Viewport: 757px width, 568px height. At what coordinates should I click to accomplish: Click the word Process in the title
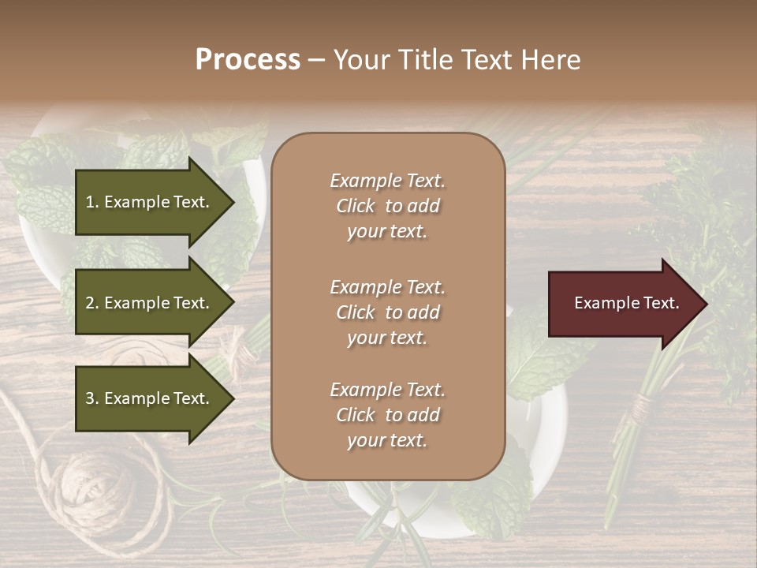(248, 60)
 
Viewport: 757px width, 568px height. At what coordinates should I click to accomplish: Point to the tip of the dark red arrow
(706, 304)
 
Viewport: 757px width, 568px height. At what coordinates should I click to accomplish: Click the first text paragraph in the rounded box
(387, 206)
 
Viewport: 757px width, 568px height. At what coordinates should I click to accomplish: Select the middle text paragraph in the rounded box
(387, 312)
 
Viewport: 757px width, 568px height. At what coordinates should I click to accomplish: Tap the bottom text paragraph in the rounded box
(387, 415)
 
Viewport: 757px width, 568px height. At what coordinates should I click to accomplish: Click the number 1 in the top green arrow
(90, 202)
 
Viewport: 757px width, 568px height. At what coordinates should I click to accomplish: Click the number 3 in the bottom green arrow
(90, 398)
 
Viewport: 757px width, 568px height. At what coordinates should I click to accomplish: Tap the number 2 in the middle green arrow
(90, 303)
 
